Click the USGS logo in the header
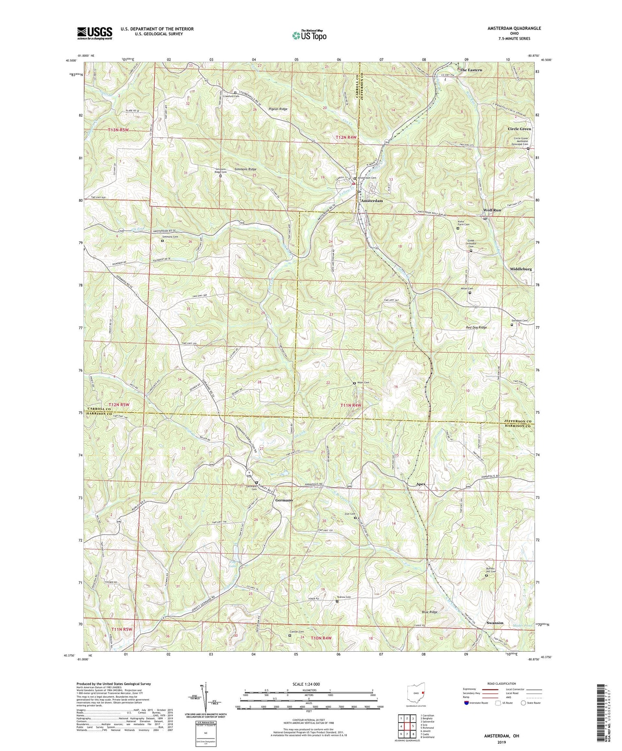coord(94,33)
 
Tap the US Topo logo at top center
coord(309,35)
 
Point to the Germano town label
coord(284,500)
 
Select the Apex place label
coord(421,484)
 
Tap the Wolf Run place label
coord(492,210)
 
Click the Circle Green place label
coord(519,129)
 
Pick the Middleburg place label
coord(521,269)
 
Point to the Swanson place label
coord(495,623)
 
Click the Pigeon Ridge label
coord(278,109)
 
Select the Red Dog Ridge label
coord(476,327)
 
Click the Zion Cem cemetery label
coord(349,514)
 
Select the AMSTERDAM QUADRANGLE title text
coord(514,28)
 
